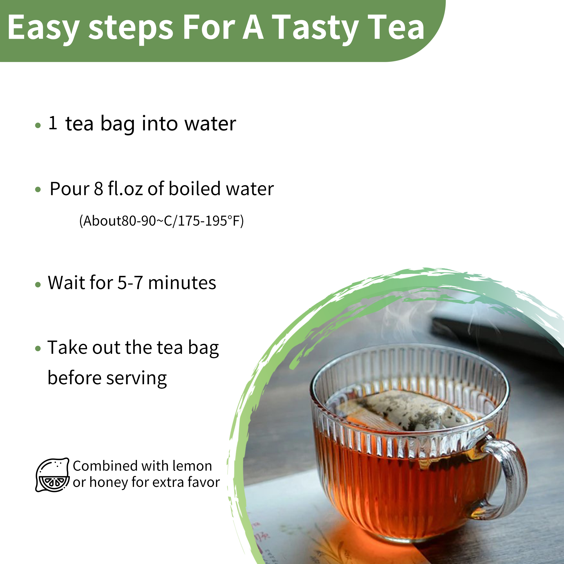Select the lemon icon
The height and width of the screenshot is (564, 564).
[x=53, y=475]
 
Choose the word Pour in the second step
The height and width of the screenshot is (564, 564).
[x=69, y=189]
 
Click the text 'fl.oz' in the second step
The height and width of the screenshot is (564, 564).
[x=125, y=189]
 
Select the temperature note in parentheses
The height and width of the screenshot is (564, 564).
[x=162, y=221]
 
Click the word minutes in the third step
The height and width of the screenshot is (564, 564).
[x=182, y=283]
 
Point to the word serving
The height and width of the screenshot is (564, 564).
[x=137, y=379]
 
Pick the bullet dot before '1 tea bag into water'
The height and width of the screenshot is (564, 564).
[x=38, y=125]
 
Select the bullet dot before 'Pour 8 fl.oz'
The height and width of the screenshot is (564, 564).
[x=38, y=190]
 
